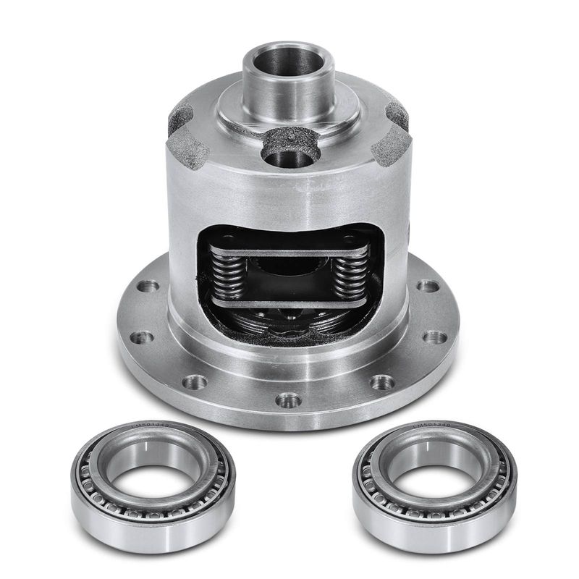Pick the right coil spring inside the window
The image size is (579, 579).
(x=351, y=276)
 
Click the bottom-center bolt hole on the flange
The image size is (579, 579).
(x=288, y=399)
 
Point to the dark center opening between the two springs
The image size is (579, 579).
(x=289, y=273)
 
